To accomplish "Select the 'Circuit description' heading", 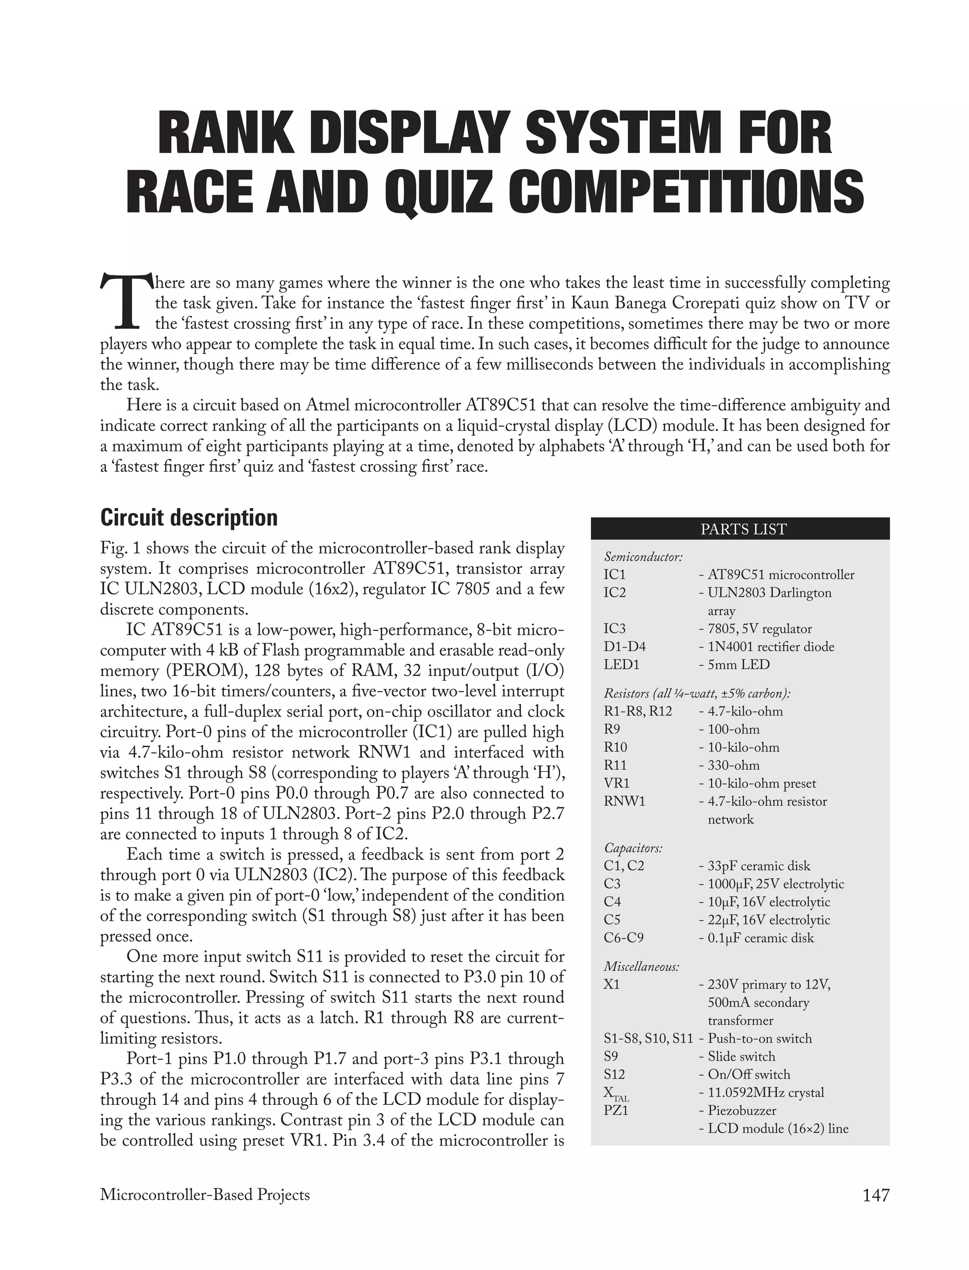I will coord(189,517).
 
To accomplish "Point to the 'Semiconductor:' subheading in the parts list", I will coord(643,556).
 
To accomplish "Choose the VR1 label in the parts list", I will coord(617,783).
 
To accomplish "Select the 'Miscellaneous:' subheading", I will coord(642,966).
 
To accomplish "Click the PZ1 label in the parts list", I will coord(616,1110).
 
